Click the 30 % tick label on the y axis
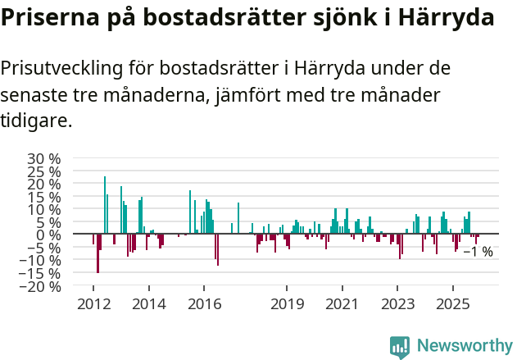click(43, 158)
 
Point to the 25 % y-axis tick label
click(43, 171)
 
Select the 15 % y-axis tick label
click(43, 197)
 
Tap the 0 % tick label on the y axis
click(49, 235)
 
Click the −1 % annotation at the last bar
click(478, 252)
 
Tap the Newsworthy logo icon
click(400, 347)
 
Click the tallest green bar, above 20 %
click(105, 205)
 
